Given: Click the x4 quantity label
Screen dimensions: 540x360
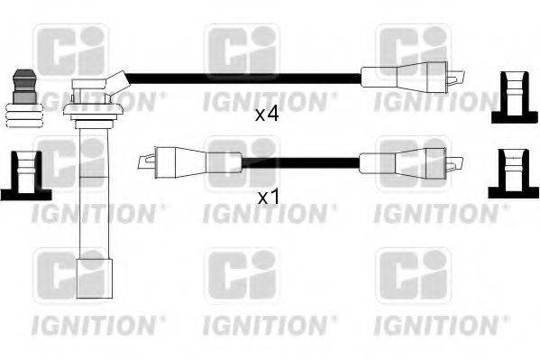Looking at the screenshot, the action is [x=267, y=115].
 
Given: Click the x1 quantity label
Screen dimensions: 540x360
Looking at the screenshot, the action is [x=266, y=196].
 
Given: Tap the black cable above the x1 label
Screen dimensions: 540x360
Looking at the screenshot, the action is [x=297, y=162].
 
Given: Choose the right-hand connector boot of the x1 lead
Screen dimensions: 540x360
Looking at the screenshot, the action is [x=401, y=162].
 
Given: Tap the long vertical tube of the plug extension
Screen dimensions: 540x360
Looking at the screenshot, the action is [x=91, y=189].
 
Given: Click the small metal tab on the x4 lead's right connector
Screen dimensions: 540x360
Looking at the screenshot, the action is [x=459, y=77].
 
